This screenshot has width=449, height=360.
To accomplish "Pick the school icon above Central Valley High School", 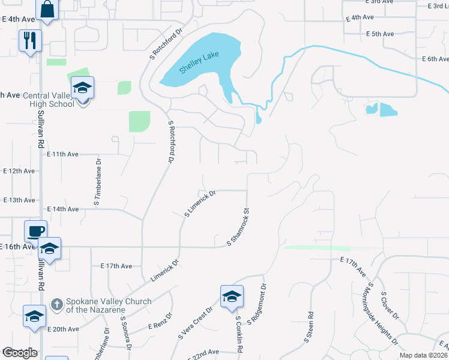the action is click(x=83, y=89).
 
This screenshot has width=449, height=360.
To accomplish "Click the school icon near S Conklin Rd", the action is click(x=231, y=296).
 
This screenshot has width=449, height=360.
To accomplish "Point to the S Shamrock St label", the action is click(x=238, y=227).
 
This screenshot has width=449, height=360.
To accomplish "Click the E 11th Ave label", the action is click(x=63, y=154).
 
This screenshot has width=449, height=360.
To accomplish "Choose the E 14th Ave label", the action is click(x=63, y=209).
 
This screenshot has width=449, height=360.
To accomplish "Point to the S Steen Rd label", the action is click(x=308, y=326).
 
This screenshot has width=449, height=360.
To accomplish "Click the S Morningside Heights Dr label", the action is click(x=382, y=314).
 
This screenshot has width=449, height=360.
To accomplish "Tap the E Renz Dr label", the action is click(x=160, y=321).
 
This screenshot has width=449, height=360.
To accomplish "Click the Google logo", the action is click(x=20, y=353).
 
